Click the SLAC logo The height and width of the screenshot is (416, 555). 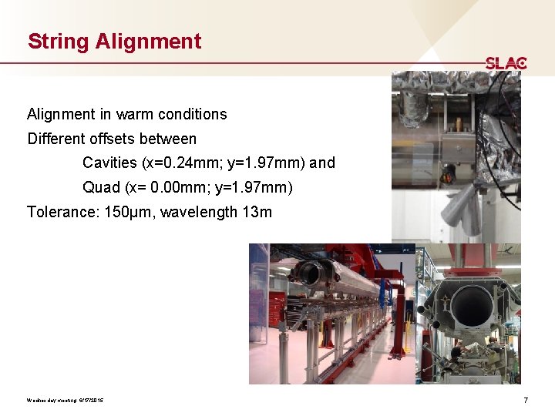506,63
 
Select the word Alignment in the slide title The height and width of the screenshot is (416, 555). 149,42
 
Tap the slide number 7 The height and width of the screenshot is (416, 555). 525,400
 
